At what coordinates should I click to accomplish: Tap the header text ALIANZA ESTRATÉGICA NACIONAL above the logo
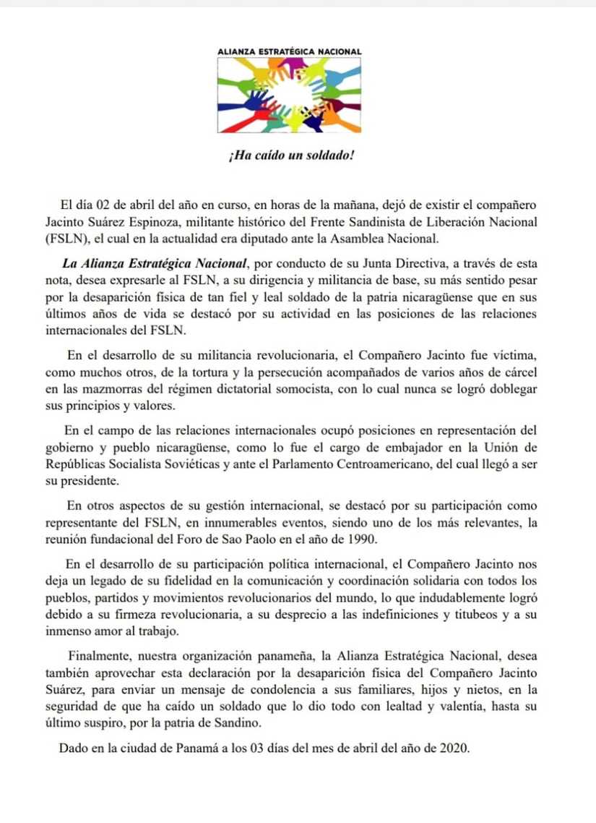[290, 52]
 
